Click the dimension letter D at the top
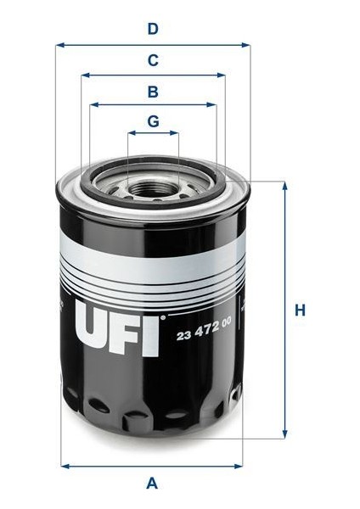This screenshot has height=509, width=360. pos(153,29)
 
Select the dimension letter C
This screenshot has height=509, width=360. pos(153,60)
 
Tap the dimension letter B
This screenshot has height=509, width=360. pos(153,91)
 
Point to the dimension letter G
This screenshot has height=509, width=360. pos(153,121)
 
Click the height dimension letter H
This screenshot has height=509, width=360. pos(300,310)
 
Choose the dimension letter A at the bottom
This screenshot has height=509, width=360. pos(153,484)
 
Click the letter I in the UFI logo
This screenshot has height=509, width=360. pos(152,330)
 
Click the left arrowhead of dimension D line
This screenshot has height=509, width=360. pos(59,45)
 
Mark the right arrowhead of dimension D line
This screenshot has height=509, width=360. pos(246,45)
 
